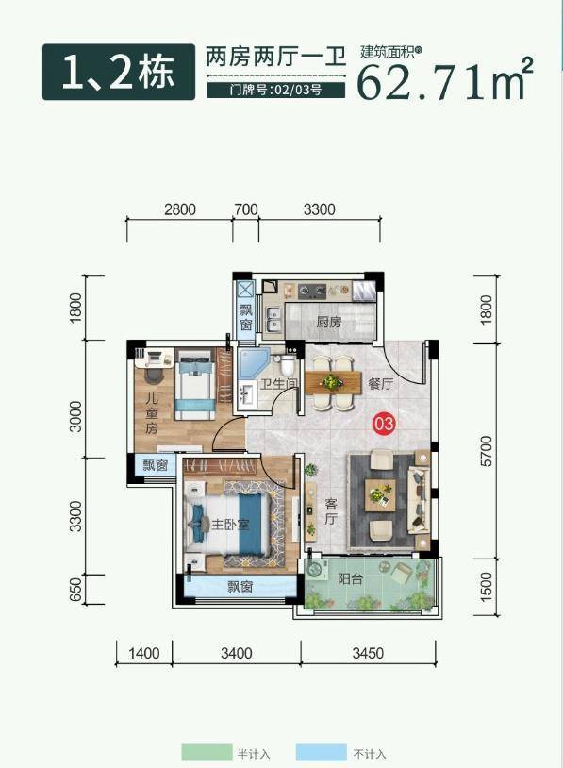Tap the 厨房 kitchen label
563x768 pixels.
329,322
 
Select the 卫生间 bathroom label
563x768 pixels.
278,383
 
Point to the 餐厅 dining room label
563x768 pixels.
380,383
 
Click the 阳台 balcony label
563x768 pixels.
351,579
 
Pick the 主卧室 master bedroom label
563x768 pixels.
230,525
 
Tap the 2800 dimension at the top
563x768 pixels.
180,209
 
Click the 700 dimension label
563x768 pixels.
246,209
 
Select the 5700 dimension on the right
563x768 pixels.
487,451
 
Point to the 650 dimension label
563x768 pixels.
75,590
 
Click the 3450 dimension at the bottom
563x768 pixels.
368,653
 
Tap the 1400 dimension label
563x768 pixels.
144,653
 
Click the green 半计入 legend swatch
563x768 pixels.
207,752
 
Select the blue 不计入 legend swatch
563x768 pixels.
322,752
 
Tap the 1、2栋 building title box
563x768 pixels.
119,72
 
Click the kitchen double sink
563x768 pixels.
273,319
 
